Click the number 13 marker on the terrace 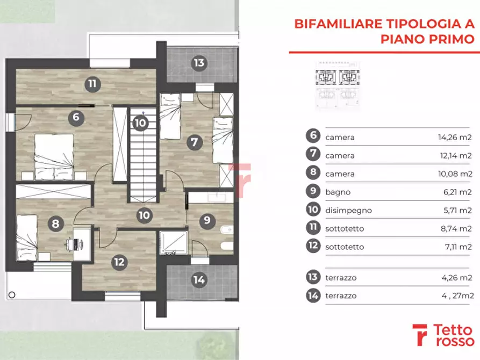pos(199,63)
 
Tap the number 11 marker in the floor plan pos(92,83)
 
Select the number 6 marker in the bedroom pos(76,117)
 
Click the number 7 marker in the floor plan pos(195,143)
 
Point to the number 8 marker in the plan pos(55,224)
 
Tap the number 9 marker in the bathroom pos(205,220)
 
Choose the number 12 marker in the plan pos(119,262)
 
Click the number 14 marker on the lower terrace pos(199,279)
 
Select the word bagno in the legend pos(338,192)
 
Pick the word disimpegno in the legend pos(348,210)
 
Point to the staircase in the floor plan pos(142,161)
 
